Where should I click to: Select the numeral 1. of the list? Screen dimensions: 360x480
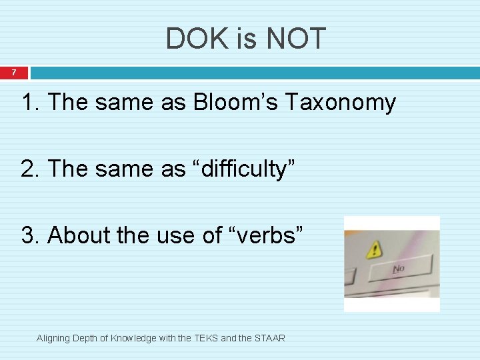click(x=32, y=103)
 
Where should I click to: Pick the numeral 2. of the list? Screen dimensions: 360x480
click(x=32, y=169)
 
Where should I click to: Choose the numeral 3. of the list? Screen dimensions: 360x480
click(x=32, y=235)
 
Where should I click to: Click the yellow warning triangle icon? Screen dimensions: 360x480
click(x=375, y=251)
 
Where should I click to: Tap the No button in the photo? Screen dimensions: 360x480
click(x=399, y=269)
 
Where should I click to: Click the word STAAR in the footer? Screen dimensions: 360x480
click(x=269, y=338)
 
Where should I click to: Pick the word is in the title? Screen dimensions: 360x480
click(x=246, y=39)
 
